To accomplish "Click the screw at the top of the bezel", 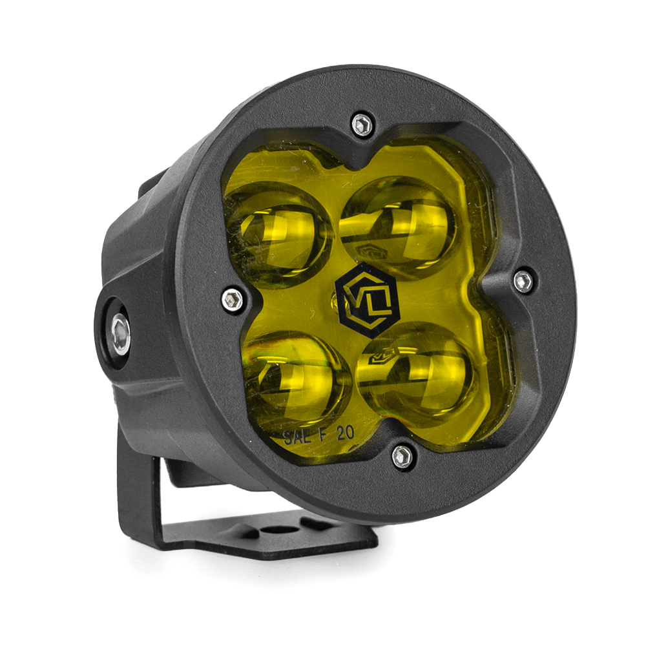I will [362, 124].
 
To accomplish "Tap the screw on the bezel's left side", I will [233, 299].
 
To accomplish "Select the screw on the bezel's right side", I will [523, 281].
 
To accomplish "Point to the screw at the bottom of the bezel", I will [402, 456].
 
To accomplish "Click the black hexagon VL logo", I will [367, 300].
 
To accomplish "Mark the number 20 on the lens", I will [345, 433].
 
